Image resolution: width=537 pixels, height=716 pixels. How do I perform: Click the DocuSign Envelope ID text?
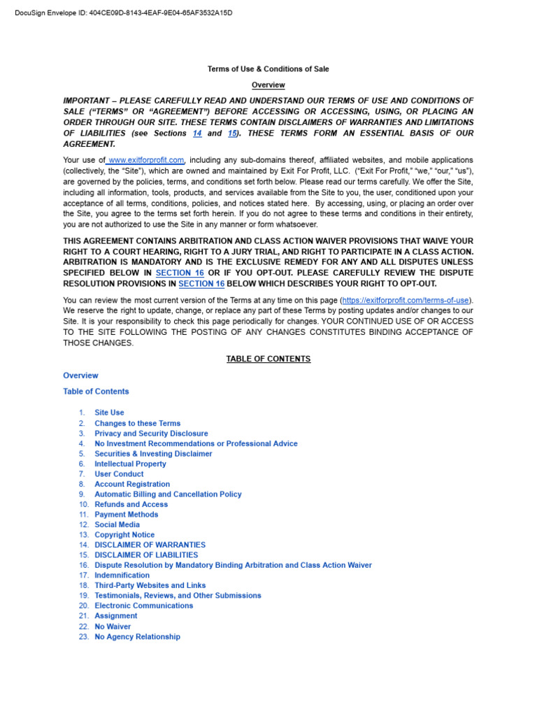point(123,13)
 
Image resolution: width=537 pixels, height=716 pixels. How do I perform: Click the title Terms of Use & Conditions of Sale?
point(268,69)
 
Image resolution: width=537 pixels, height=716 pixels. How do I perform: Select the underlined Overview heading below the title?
point(268,85)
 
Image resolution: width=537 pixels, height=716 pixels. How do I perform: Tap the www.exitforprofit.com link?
point(146,160)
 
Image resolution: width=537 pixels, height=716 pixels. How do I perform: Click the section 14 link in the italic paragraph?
point(197,133)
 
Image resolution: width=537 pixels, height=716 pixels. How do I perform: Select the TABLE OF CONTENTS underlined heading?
point(268,359)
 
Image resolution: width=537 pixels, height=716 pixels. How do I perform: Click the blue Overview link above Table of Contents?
point(80,375)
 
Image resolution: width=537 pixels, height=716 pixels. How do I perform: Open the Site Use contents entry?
point(109,413)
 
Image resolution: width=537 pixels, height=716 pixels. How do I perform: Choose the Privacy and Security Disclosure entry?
point(151,434)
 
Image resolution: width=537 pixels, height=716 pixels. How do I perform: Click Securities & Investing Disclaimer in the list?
point(153,454)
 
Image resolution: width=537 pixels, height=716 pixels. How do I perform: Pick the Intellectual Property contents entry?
point(130,464)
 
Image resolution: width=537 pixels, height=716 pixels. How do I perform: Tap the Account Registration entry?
point(132,484)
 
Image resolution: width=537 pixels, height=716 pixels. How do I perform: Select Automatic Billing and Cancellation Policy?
point(168,494)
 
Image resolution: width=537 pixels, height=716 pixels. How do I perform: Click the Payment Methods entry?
point(126,515)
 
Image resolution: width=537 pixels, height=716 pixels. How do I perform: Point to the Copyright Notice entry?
point(124,535)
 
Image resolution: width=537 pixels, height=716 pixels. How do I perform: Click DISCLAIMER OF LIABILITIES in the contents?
point(146,555)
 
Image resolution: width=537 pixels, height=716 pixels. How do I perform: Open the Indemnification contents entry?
point(122,575)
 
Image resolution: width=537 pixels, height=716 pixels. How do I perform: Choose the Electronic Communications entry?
point(143,606)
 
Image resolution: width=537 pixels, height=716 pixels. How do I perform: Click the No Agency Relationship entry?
point(137,637)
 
